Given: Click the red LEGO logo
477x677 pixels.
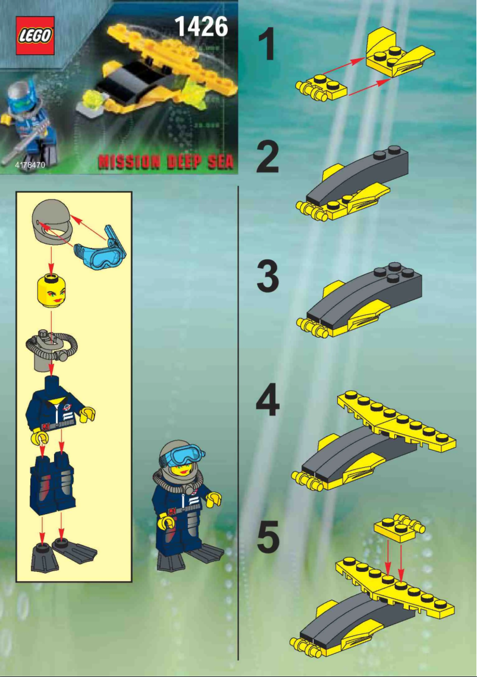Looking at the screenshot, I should coord(35,36).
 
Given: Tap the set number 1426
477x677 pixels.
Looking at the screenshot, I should coord(202,27).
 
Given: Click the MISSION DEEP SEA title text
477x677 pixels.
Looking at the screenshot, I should coord(166,162).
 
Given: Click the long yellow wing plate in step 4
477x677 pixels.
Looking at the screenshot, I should coord(396,421).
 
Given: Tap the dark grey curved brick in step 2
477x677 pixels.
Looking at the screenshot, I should coord(357,175).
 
